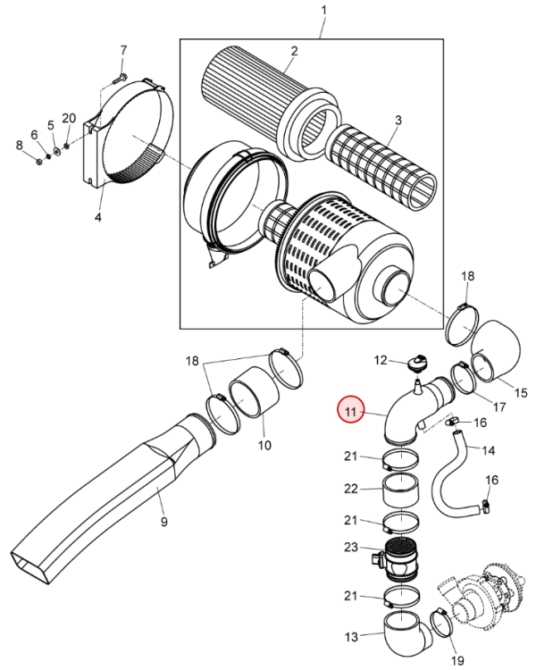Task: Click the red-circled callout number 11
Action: click(350, 412)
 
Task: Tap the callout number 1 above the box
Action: click(323, 10)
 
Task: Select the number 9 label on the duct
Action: click(164, 522)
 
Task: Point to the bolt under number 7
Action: click(119, 79)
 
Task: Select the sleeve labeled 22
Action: click(400, 490)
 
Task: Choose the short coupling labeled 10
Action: click(254, 392)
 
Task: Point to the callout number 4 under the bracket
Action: click(98, 217)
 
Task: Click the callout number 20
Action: click(69, 118)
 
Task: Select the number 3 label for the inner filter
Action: click(398, 120)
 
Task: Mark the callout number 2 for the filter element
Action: click(294, 51)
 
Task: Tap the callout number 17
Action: click(499, 406)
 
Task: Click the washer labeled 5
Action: click(57, 150)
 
